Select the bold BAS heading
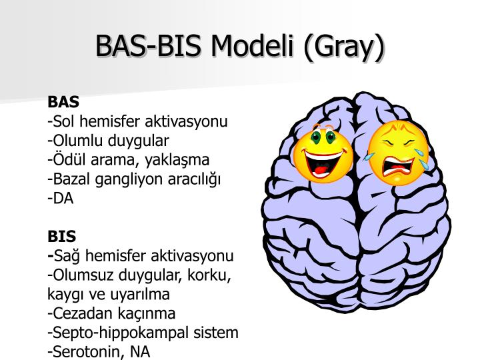[63, 103]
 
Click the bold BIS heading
[62, 237]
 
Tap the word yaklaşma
[180, 160]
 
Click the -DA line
[61, 198]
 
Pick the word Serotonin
[82, 351]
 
